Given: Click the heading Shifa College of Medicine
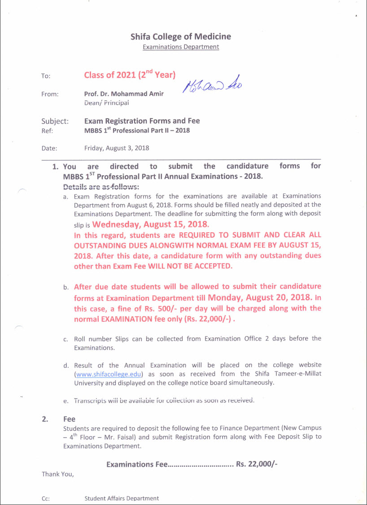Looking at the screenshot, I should [x=181, y=36].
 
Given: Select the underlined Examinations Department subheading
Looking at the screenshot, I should [x=181, y=47].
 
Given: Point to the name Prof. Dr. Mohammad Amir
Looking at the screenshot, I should [x=124, y=93].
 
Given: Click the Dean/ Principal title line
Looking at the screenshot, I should [x=106, y=102].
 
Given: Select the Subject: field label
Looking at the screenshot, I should [x=55, y=121].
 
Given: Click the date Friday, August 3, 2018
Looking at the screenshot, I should [x=117, y=148].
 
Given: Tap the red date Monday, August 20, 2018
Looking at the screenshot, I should [x=260, y=297].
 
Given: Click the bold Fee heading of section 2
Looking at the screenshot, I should [x=69, y=419].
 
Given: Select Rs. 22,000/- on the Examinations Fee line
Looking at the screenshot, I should [x=257, y=464].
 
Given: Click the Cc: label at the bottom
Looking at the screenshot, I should [x=45, y=498].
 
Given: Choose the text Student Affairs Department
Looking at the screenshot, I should [x=122, y=498].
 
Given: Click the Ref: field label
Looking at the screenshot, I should [x=47, y=131].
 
